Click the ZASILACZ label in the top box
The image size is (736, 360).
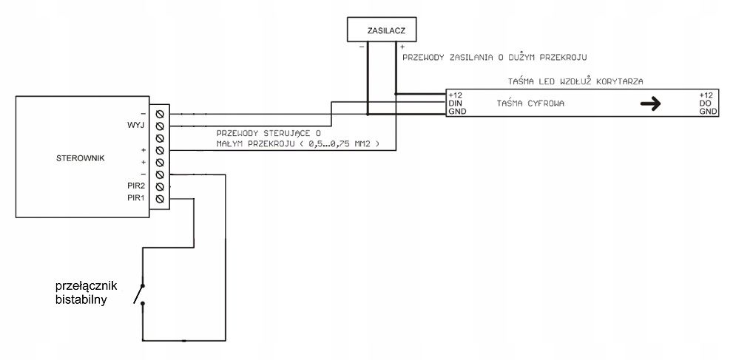click(382, 31)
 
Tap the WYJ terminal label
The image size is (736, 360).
click(135, 126)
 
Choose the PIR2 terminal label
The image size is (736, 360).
click(135, 186)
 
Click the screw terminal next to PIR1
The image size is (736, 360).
click(161, 199)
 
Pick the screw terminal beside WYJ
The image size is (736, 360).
click(161, 126)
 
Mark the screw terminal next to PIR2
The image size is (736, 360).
click(161, 186)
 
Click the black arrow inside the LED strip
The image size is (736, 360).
click(650, 104)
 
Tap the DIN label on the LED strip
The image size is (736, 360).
click(456, 103)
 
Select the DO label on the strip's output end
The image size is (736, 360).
click(704, 103)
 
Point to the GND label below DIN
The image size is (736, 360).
click(456, 112)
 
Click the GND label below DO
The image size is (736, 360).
click(707, 112)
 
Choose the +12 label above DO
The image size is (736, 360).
click(705, 95)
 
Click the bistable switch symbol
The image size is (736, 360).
click(140, 293)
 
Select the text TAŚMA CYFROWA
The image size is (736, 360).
click(530, 103)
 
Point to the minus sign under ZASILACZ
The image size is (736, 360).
click(362, 47)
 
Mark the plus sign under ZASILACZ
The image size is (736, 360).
click(402, 47)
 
